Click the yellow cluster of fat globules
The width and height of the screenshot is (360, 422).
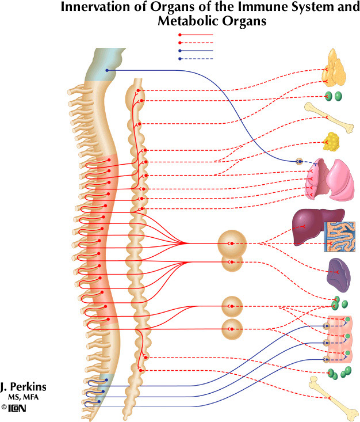tap(332, 142)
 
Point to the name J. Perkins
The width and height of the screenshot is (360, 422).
tap(24, 386)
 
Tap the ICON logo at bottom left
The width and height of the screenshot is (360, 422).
tap(17, 408)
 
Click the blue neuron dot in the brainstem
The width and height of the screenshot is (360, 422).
tap(107, 70)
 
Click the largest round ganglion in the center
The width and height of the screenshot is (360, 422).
tap(232, 244)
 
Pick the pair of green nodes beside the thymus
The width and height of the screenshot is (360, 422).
tap(333, 96)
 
